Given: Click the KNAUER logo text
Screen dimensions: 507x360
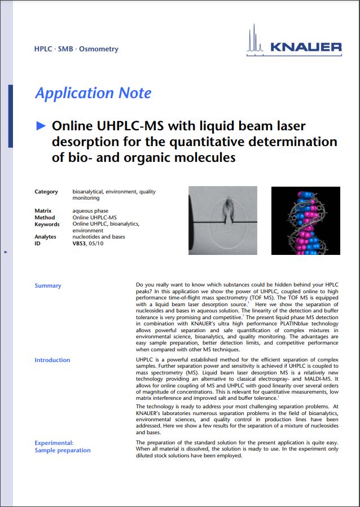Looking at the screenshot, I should tap(305, 47).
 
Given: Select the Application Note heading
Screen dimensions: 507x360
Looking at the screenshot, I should tap(93, 93).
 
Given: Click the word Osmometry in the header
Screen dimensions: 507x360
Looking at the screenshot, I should tap(99, 49).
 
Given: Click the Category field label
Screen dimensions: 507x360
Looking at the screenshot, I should tap(46, 192).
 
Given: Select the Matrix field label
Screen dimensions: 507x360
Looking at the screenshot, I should tap(43, 211).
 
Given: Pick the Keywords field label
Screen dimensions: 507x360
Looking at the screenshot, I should tap(47, 224).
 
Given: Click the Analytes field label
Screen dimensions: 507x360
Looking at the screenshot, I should tap(46, 237).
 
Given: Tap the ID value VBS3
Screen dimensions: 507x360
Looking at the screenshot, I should tap(80, 244).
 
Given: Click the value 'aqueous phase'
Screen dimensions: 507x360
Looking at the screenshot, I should tap(90, 211).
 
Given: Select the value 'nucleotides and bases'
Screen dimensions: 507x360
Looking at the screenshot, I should tap(99, 237).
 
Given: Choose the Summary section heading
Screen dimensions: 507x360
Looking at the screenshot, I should tap(48, 286).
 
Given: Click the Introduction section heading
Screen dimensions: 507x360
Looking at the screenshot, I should tap(52, 360).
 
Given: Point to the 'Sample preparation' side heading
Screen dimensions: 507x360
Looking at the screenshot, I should tap(63, 450).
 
